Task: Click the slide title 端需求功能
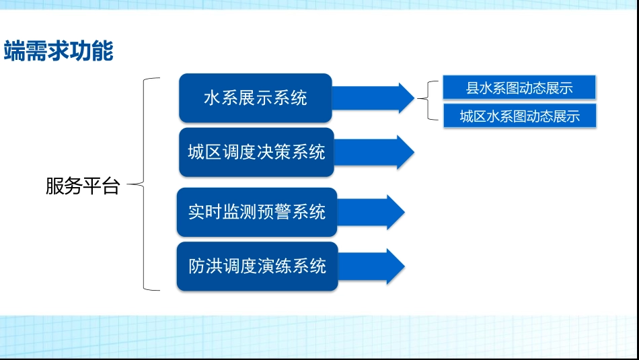59,51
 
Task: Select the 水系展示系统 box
256,98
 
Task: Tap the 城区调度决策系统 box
256,152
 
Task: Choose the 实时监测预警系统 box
257,212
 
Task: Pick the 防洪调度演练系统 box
257,266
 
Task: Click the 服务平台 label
82,186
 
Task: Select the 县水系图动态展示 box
519,88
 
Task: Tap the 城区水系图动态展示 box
519,116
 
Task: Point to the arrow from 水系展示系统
374,98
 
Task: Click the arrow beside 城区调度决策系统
374,152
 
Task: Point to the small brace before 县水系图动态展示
426,101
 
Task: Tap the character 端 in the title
14,51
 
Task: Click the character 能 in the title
102,51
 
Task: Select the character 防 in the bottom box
196,266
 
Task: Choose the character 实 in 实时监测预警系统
196,212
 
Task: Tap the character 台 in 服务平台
110,186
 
